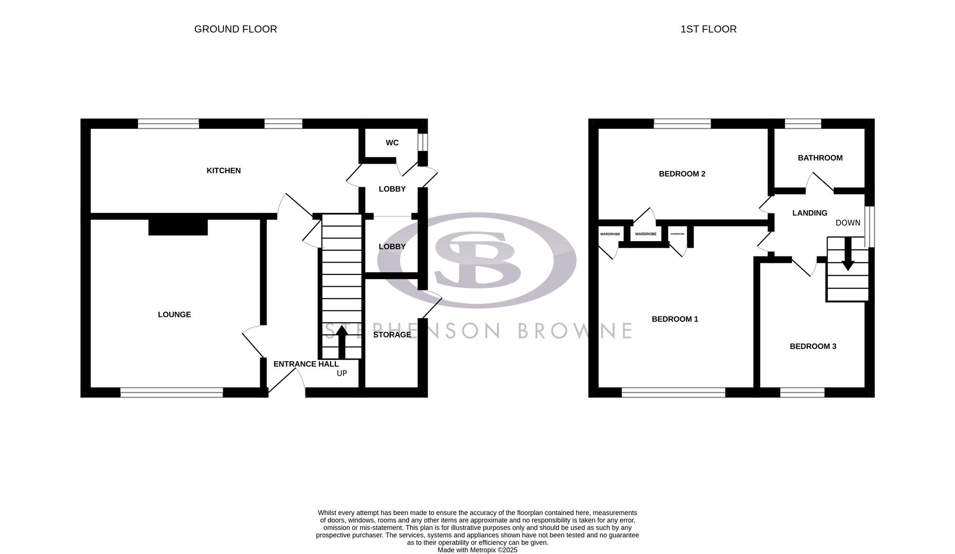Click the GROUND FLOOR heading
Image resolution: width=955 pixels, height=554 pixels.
[235, 29]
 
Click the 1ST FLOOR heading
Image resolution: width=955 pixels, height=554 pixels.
[708, 29]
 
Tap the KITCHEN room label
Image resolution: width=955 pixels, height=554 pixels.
[223, 170]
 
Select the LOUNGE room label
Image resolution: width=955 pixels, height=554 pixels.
[174, 314]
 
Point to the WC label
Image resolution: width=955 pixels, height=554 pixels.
[392, 143]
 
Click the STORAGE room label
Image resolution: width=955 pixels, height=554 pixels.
[392, 334]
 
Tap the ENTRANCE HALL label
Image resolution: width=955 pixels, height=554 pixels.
[306, 364]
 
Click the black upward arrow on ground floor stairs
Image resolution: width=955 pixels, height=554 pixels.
[341, 343]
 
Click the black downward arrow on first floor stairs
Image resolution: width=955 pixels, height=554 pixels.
[847, 254]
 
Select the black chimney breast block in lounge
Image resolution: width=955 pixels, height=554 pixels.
[178, 227]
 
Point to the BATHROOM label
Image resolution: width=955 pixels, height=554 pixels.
[820, 157]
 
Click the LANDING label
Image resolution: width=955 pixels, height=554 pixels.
[810, 213]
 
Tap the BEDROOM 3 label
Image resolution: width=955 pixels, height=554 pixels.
[813, 346]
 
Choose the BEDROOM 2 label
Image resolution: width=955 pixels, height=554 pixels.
[682, 174]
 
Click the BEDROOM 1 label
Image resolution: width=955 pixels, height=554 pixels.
[675, 319]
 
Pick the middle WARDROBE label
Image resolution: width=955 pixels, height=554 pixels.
[645, 234]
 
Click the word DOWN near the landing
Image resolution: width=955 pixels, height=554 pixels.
[848, 223]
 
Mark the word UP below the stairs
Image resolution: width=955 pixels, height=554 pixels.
[341, 373]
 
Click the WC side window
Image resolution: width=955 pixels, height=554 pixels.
[423, 143]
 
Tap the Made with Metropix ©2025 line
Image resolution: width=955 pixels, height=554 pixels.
[477, 550]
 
